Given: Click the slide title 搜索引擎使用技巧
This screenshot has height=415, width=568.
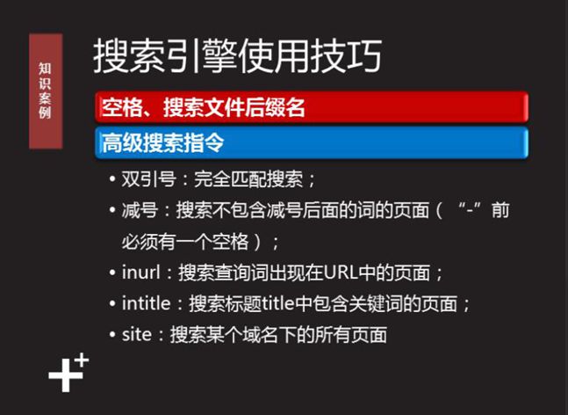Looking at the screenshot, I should [237, 56].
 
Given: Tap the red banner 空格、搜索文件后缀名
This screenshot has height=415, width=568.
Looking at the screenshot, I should [204, 108].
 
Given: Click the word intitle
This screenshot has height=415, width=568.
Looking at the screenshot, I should [148, 304].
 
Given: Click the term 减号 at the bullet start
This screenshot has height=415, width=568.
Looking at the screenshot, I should [140, 211].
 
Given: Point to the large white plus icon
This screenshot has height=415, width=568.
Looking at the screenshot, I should [63, 375].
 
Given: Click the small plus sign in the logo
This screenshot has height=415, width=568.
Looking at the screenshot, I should [83, 360].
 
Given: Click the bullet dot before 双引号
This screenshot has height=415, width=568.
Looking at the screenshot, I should [111, 179].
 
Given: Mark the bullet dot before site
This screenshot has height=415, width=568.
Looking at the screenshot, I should [111, 335].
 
